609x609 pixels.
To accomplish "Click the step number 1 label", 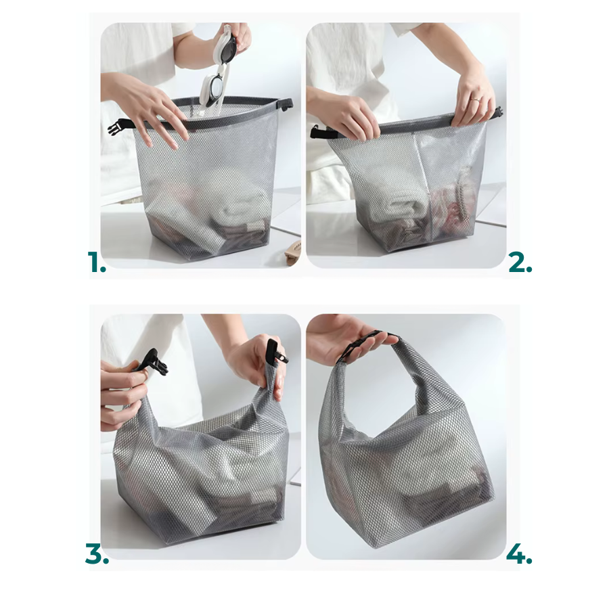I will click(x=97, y=263).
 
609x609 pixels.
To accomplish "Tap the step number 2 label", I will click(x=520, y=263).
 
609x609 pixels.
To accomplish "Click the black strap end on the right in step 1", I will click(x=288, y=104).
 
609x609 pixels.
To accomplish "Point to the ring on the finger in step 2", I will click(x=476, y=99).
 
